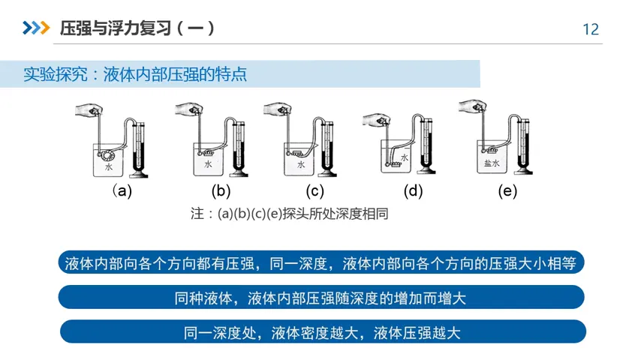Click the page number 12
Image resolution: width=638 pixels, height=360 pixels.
(591, 29)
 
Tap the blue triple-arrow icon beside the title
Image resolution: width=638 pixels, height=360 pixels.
(35, 28)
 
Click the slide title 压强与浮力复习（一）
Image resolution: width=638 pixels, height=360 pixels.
(137, 28)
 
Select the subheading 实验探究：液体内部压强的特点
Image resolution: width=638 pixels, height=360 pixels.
(135, 75)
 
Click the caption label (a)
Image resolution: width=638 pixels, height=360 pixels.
(122, 190)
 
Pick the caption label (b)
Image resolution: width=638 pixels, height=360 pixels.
(221, 190)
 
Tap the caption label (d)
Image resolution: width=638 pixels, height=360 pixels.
(413, 190)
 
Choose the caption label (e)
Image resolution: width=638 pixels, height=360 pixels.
(507, 190)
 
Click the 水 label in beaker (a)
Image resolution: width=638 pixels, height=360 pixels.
(109, 167)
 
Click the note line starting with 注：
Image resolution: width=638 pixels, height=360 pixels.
(289, 214)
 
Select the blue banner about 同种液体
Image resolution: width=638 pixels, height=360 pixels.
(321, 298)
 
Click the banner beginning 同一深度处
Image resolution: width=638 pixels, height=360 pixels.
(322, 332)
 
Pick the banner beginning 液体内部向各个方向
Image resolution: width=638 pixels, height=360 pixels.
(321, 263)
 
